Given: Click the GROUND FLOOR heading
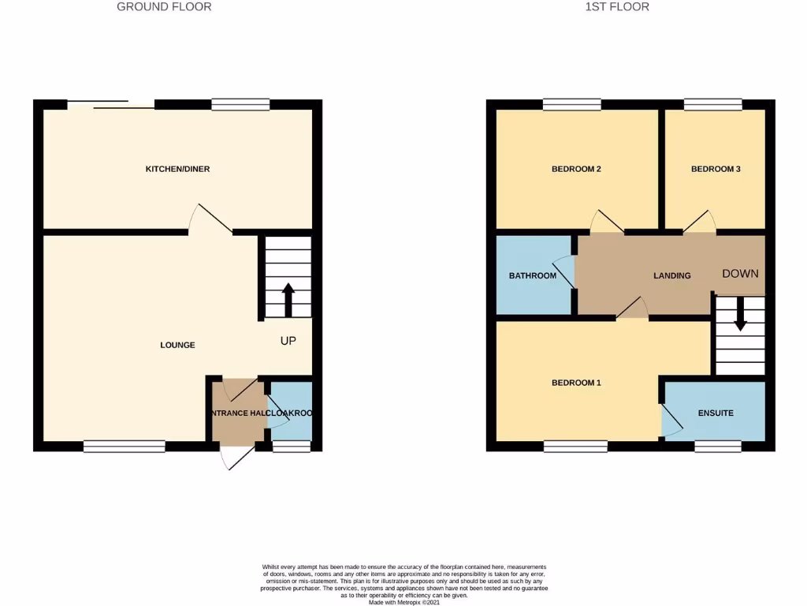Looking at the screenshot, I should (164, 7).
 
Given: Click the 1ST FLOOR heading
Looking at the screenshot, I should (616, 7).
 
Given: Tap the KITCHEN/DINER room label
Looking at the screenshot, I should (177, 169).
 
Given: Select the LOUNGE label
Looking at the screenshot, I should (177, 345).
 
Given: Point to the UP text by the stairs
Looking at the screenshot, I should (289, 341).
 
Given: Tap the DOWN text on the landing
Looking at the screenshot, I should (740, 274).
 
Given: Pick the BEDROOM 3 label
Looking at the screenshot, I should (716, 169).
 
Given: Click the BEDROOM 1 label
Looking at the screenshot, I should (576, 383).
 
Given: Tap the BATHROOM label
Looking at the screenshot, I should (532, 276).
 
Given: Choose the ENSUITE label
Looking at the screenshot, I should (716, 413).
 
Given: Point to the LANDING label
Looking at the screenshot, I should (672, 275).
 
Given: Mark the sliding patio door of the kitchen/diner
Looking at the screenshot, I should (110, 104).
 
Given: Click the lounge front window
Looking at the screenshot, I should (125, 447).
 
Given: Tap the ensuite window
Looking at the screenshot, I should (717, 447).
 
